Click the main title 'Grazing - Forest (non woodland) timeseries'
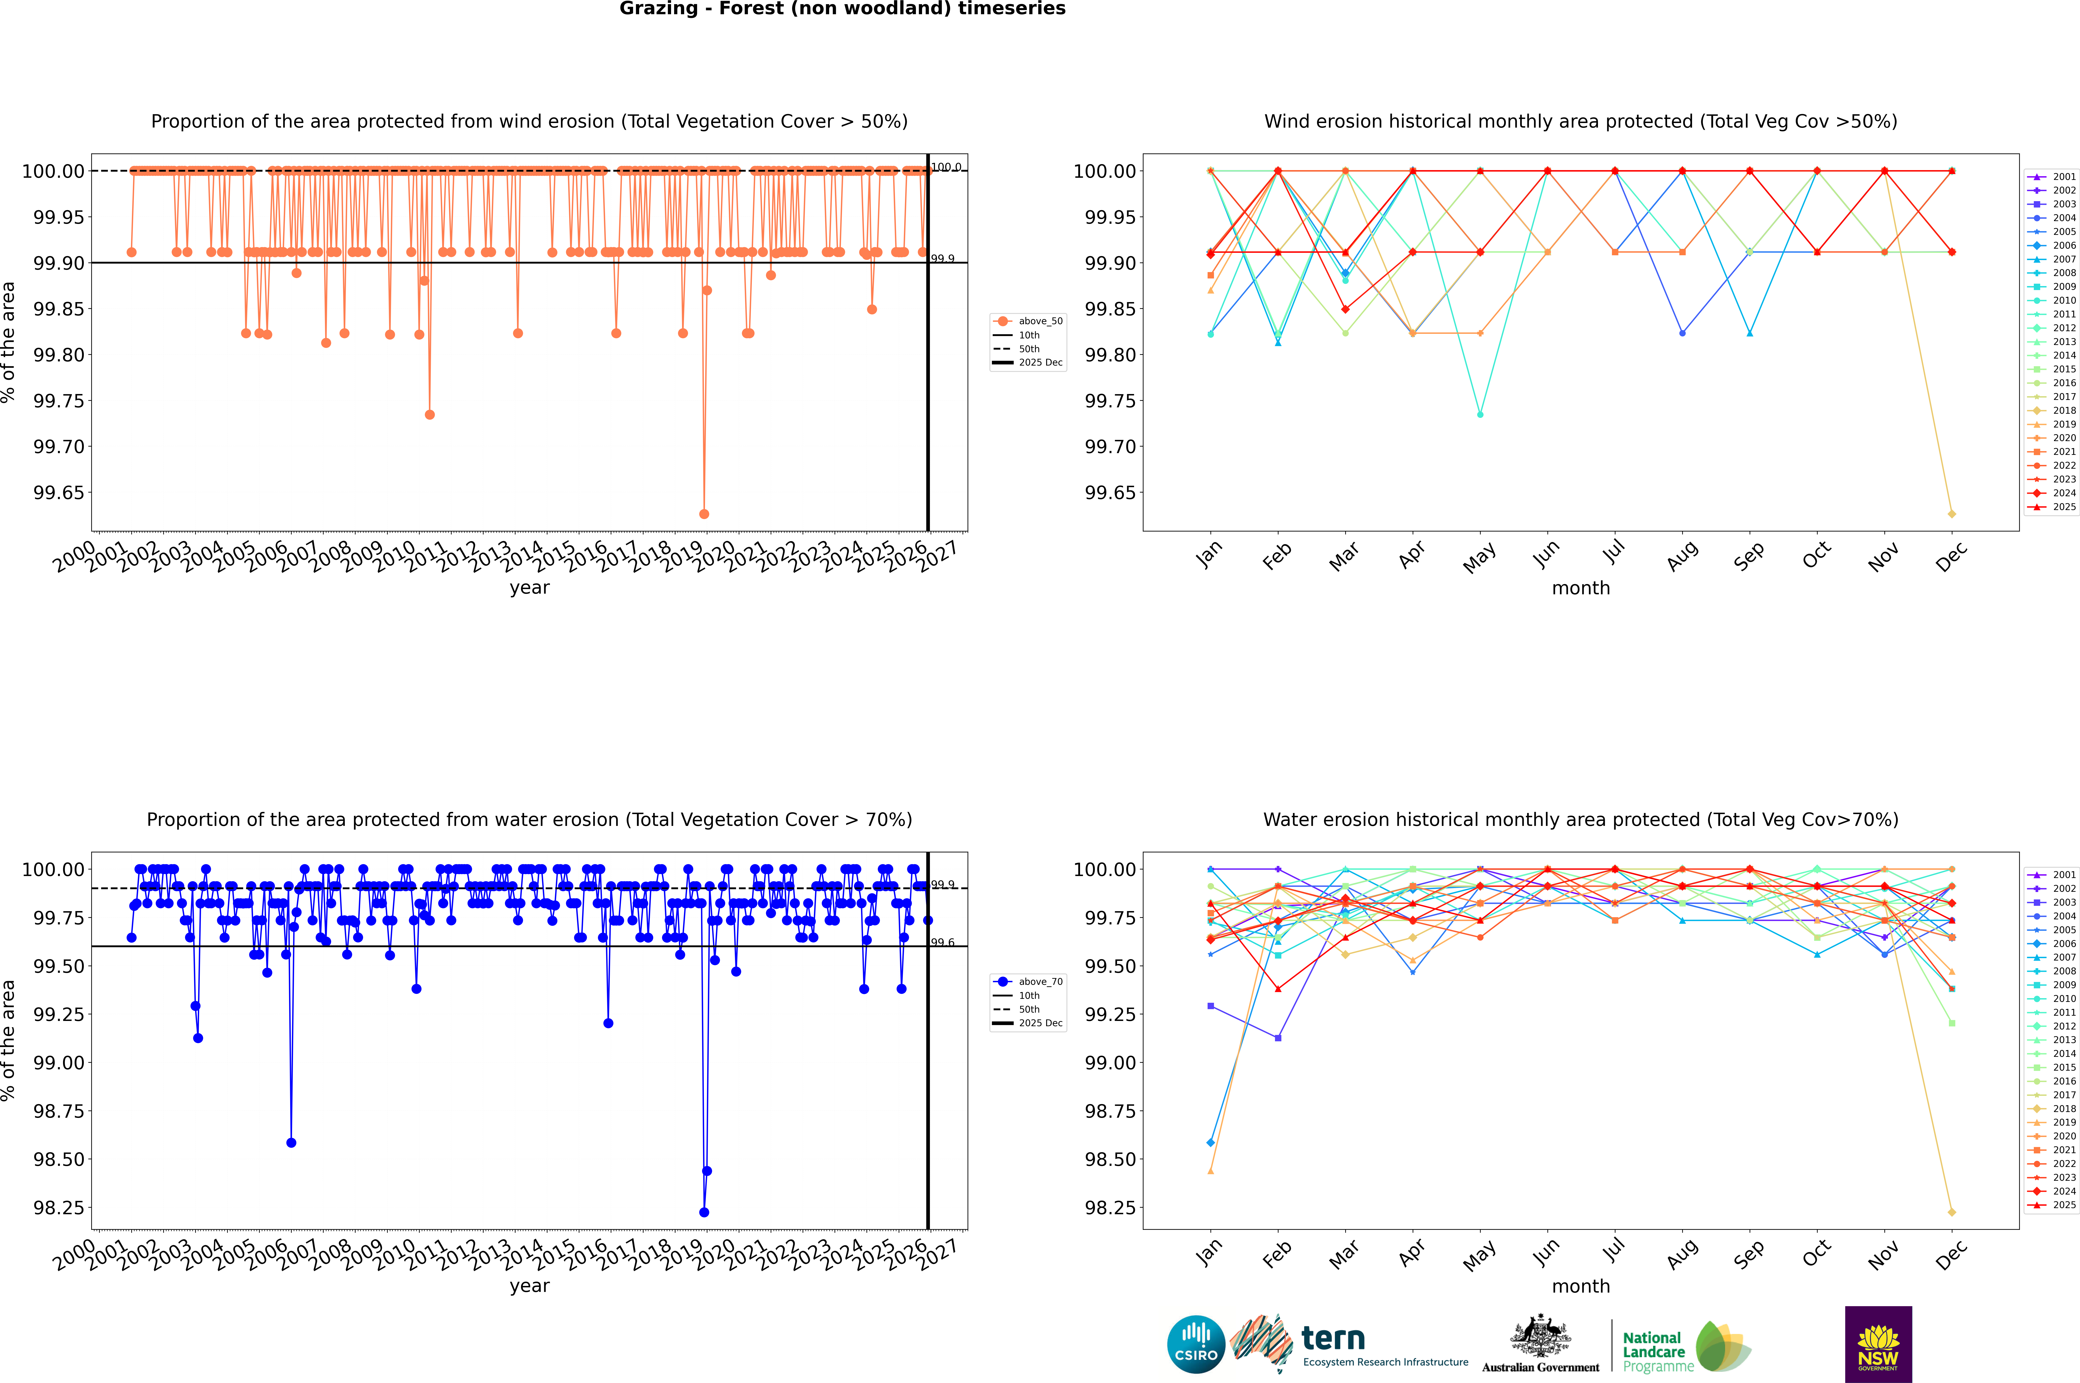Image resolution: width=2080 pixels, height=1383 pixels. pyautogui.click(x=842, y=9)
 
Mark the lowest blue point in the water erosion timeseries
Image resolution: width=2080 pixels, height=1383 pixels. pyautogui.click(x=704, y=1212)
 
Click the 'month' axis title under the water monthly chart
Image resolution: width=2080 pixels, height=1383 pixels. pyautogui.click(x=1580, y=1286)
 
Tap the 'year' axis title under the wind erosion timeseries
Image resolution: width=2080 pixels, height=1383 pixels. pyautogui.click(x=529, y=588)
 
